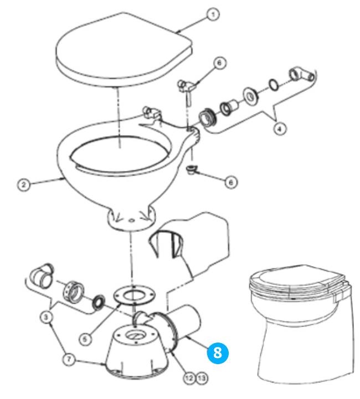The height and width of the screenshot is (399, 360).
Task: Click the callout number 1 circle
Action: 213,15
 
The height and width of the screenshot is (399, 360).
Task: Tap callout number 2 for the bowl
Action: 24,184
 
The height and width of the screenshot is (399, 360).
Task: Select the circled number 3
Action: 46,317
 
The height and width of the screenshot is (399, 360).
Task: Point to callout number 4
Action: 280,129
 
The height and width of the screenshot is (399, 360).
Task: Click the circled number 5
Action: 85,339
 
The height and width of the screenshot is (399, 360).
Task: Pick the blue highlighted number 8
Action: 218,353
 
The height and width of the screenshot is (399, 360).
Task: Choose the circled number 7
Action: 69,360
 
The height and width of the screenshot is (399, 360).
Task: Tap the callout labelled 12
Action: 189,378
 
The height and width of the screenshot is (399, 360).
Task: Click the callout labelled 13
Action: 202,378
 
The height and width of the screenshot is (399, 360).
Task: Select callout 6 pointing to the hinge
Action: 220,63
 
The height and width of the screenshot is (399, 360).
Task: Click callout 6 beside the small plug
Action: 231,182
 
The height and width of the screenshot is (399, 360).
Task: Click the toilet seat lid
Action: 124,48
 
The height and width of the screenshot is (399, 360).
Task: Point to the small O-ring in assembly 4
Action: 274,85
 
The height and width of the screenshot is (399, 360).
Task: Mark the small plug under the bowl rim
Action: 191,169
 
